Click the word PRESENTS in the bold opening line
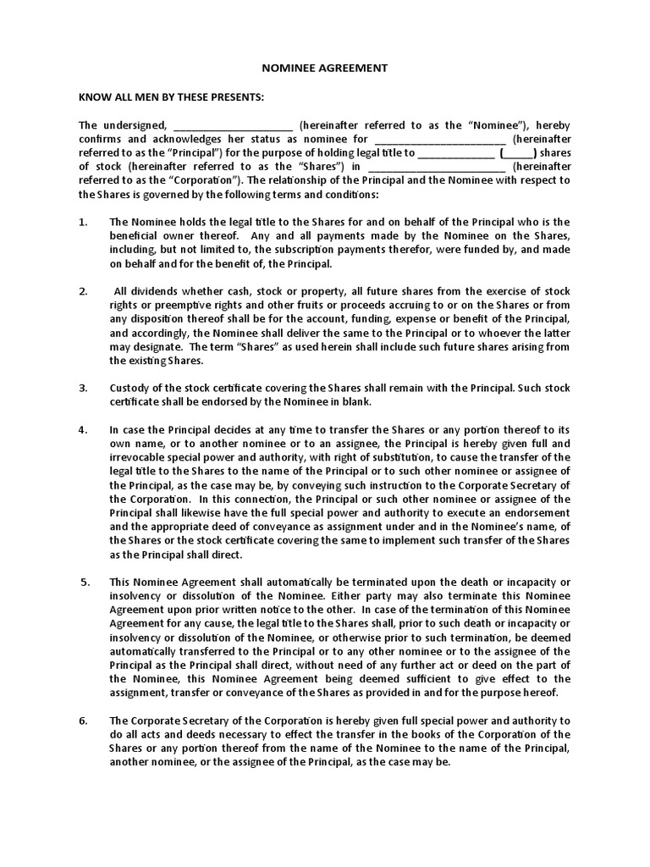236,97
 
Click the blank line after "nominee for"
439,140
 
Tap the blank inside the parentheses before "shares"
518,154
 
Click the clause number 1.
83,222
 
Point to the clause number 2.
83,291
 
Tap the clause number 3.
83,388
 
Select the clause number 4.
83,429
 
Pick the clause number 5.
84,583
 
